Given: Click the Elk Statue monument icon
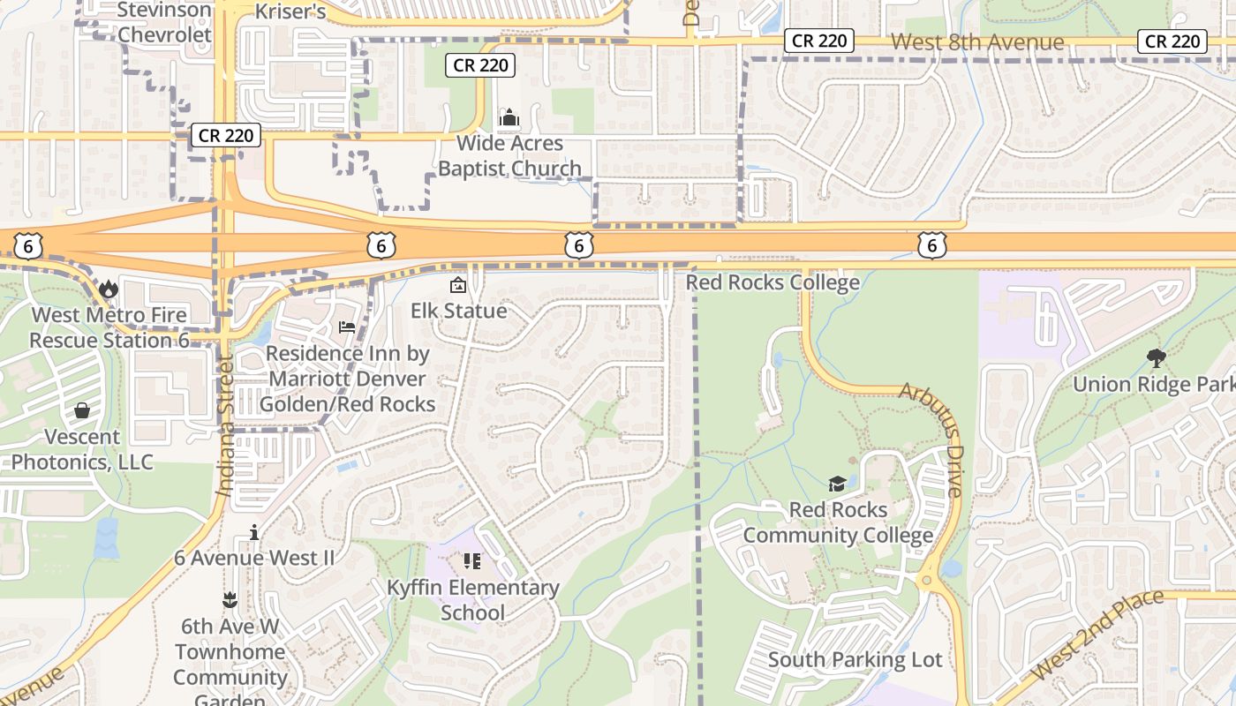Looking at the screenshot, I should pos(458,285).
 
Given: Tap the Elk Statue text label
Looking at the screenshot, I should pos(459,311).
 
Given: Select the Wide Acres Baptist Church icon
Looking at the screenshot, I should pos(509,117).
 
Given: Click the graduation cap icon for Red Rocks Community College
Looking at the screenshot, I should pos(836,484).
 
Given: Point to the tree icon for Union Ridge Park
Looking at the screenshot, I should pos(1156,357).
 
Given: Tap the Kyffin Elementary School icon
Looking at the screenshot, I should pos(472,561).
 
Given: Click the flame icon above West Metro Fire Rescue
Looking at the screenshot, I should pos(108,289).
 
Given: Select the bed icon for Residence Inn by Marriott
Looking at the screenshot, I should pos(347,327).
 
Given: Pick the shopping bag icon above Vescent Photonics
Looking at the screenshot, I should pos(82,410).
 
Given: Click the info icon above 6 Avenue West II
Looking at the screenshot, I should pos(254,532).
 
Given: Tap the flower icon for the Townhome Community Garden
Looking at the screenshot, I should pos(230,600).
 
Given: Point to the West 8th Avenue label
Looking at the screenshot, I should pos(977,41).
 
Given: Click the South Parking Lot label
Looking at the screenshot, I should pos(855,659).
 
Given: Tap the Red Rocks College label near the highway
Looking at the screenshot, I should pos(772,282).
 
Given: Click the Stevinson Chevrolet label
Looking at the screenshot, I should pos(164,23).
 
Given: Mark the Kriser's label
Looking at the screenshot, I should pos(290,11).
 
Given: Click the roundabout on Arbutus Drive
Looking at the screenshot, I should pos(927,581).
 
